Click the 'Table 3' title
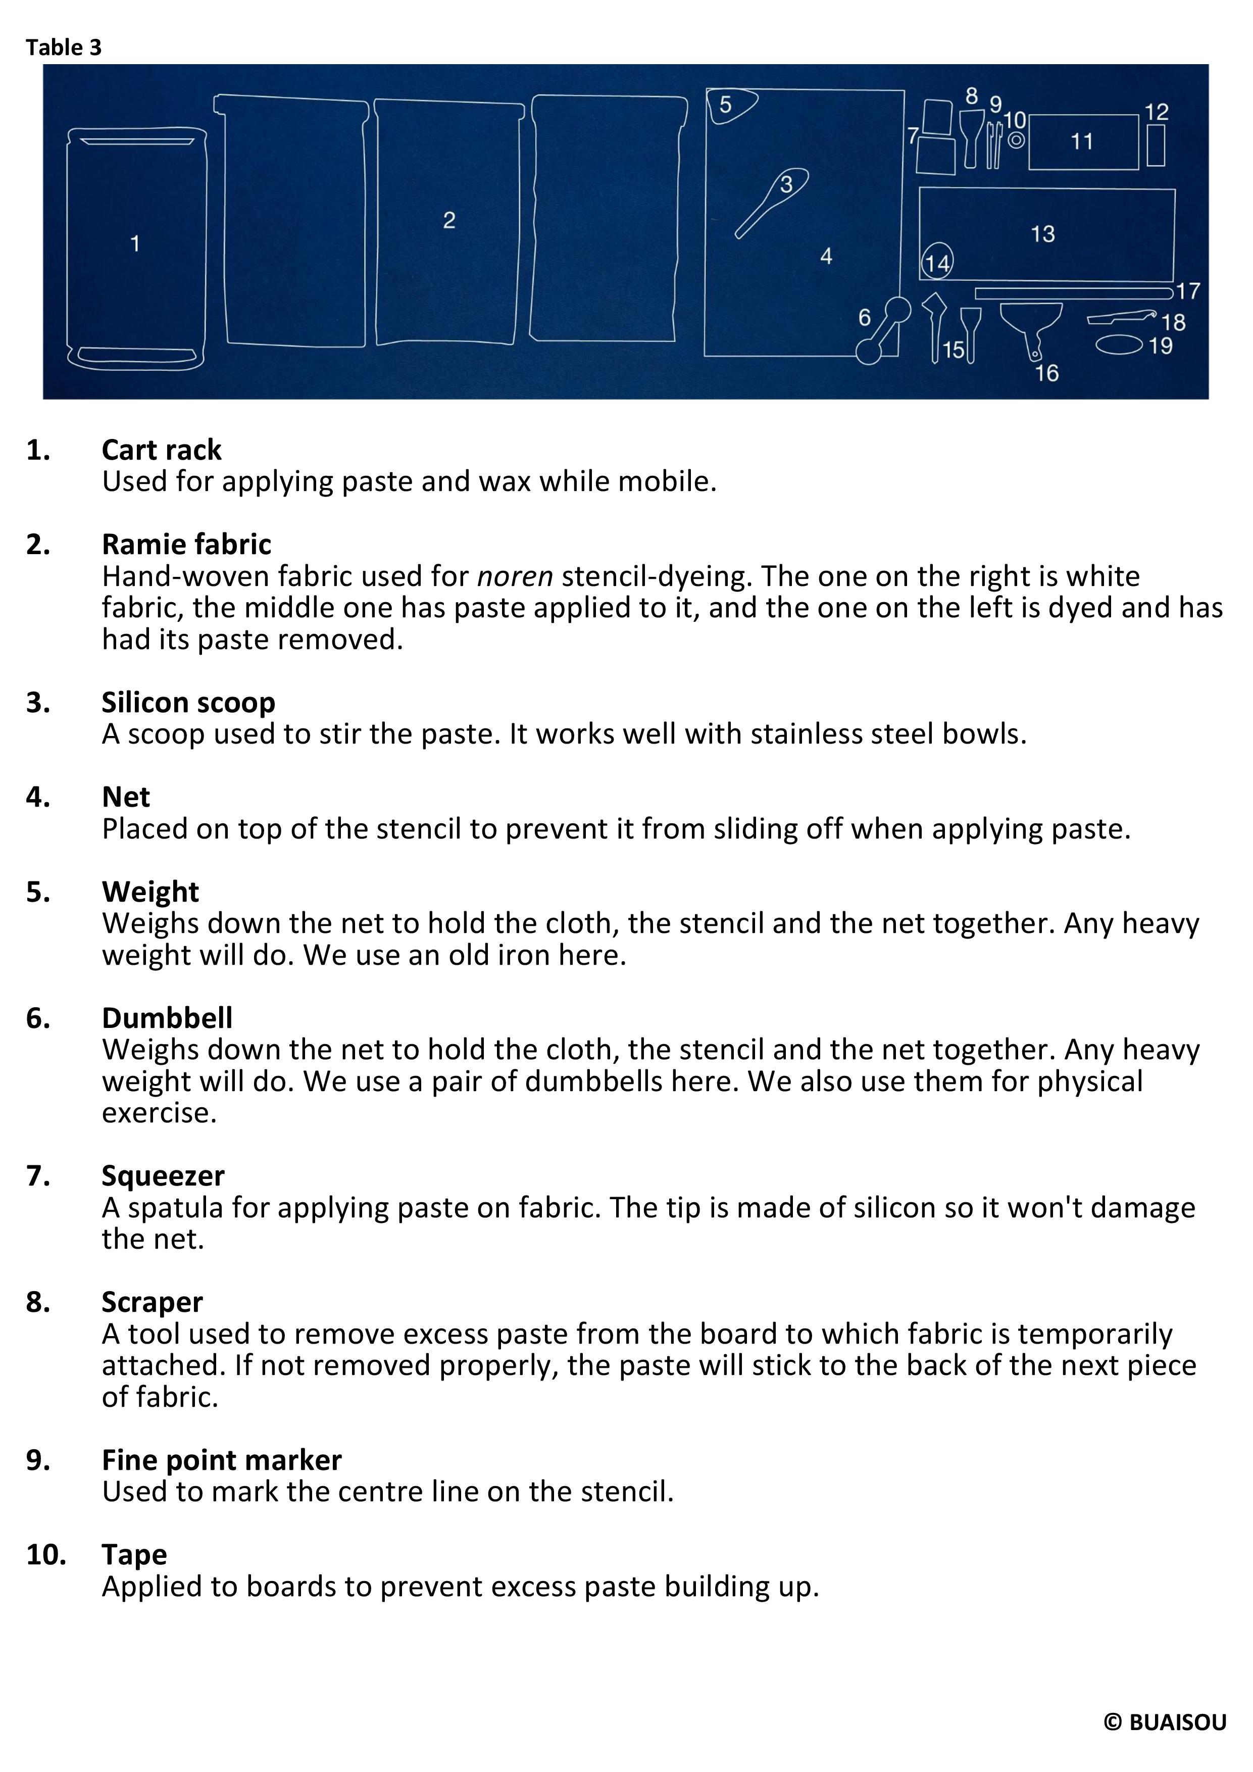coord(63,48)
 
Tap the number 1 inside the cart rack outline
coord(135,244)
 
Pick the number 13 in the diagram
coord(1042,234)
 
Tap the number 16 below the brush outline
coord(1046,373)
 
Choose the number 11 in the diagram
coord(1082,142)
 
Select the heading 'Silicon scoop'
coord(188,702)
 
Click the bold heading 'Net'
coord(126,797)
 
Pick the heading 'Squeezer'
coord(163,1175)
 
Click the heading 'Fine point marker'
coord(221,1460)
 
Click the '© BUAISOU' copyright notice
coord(1164,1722)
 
